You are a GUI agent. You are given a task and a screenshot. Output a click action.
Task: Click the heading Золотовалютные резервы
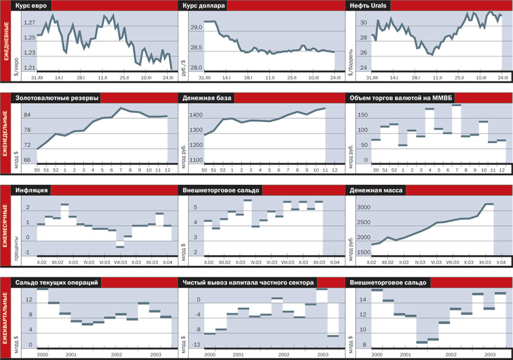click(x=57, y=98)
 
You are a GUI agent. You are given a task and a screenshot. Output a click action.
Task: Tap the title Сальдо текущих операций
click(x=58, y=282)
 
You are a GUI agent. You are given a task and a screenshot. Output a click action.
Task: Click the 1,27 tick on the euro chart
click(x=29, y=23)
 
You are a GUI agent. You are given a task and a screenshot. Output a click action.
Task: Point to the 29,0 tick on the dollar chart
click(x=197, y=27)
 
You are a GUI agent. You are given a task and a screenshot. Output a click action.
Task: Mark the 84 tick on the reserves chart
click(x=26, y=115)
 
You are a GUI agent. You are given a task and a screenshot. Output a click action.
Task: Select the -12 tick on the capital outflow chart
click(x=196, y=346)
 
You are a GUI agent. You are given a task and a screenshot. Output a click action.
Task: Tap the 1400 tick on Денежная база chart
click(x=196, y=115)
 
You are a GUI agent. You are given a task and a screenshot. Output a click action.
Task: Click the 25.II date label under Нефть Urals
click(x=459, y=77)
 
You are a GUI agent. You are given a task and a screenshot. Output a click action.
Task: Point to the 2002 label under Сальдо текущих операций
click(x=116, y=354)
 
